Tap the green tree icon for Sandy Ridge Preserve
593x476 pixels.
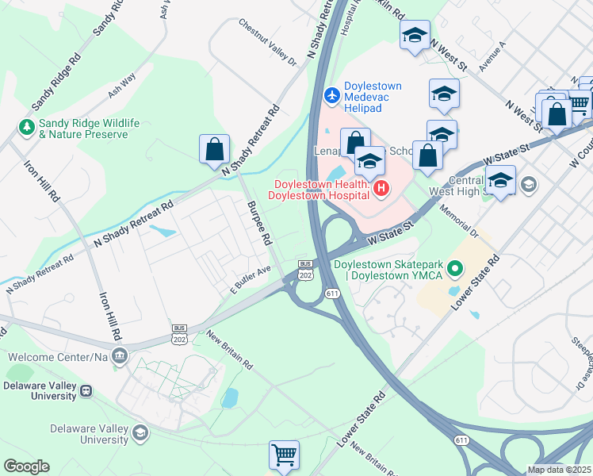point(27,127)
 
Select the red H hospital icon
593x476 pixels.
point(381,188)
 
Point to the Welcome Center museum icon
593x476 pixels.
point(119,355)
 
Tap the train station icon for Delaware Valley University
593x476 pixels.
point(85,390)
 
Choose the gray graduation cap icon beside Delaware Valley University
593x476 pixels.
point(140,432)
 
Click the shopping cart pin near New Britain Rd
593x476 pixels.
point(284,455)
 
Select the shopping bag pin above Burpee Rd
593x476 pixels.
point(214,148)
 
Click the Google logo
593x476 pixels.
point(26,466)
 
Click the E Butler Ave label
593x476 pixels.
point(251,277)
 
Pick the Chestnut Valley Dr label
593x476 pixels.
point(267,41)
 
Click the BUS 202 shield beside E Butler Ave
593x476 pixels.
point(305,269)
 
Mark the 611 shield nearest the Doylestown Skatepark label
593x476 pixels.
point(331,294)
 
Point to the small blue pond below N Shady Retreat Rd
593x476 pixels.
point(163,232)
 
